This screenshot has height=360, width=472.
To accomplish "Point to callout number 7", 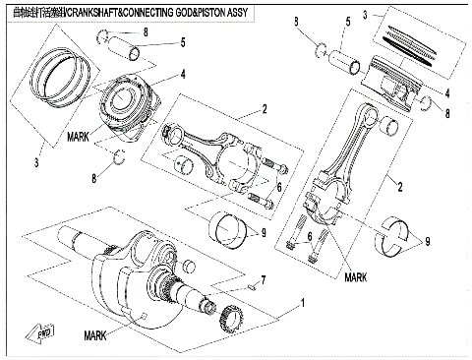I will click(x=263, y=280).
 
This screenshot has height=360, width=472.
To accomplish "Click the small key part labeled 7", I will click(x=253, y=288).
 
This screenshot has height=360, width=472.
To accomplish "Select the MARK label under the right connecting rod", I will click(x=356, y=278).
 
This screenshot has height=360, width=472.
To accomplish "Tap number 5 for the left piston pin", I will click(x=182, y=43).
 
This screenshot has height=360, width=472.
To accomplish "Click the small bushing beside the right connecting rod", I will click(x=388, y=125).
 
